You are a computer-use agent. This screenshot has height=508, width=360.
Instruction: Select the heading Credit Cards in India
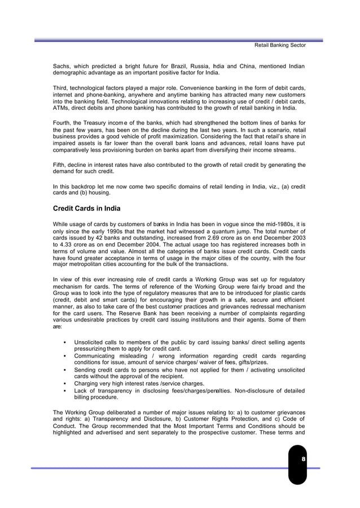coord(86,208)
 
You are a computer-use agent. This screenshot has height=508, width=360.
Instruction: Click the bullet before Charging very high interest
coord(68,383)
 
